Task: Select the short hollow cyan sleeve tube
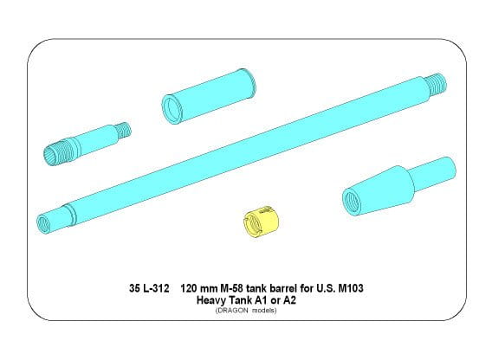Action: pos(209,96)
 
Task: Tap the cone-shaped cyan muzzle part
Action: pos(398,186)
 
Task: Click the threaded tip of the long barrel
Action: pos(437,84)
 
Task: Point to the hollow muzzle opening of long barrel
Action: pos(44,223)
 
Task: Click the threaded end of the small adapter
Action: pos(124,131)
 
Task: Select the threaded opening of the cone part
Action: pos(352,202)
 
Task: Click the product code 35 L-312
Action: pos(149,288)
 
